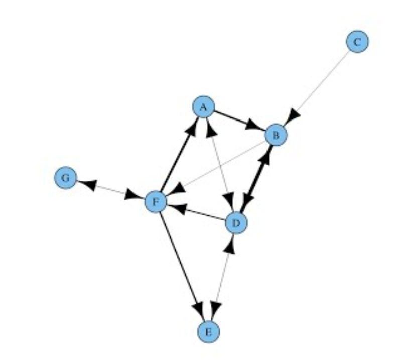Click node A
[x=203, y=107]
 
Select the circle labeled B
[x=276, y=135]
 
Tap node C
[x=357, y=42]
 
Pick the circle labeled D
[x=236, y=222]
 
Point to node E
[x=209, y=332]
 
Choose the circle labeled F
[x=156, y=202]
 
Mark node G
[x=66, y=178]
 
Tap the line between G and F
[x=111, y=190]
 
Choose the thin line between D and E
[x=223, y=276]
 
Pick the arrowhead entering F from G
[x=135, y=196]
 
